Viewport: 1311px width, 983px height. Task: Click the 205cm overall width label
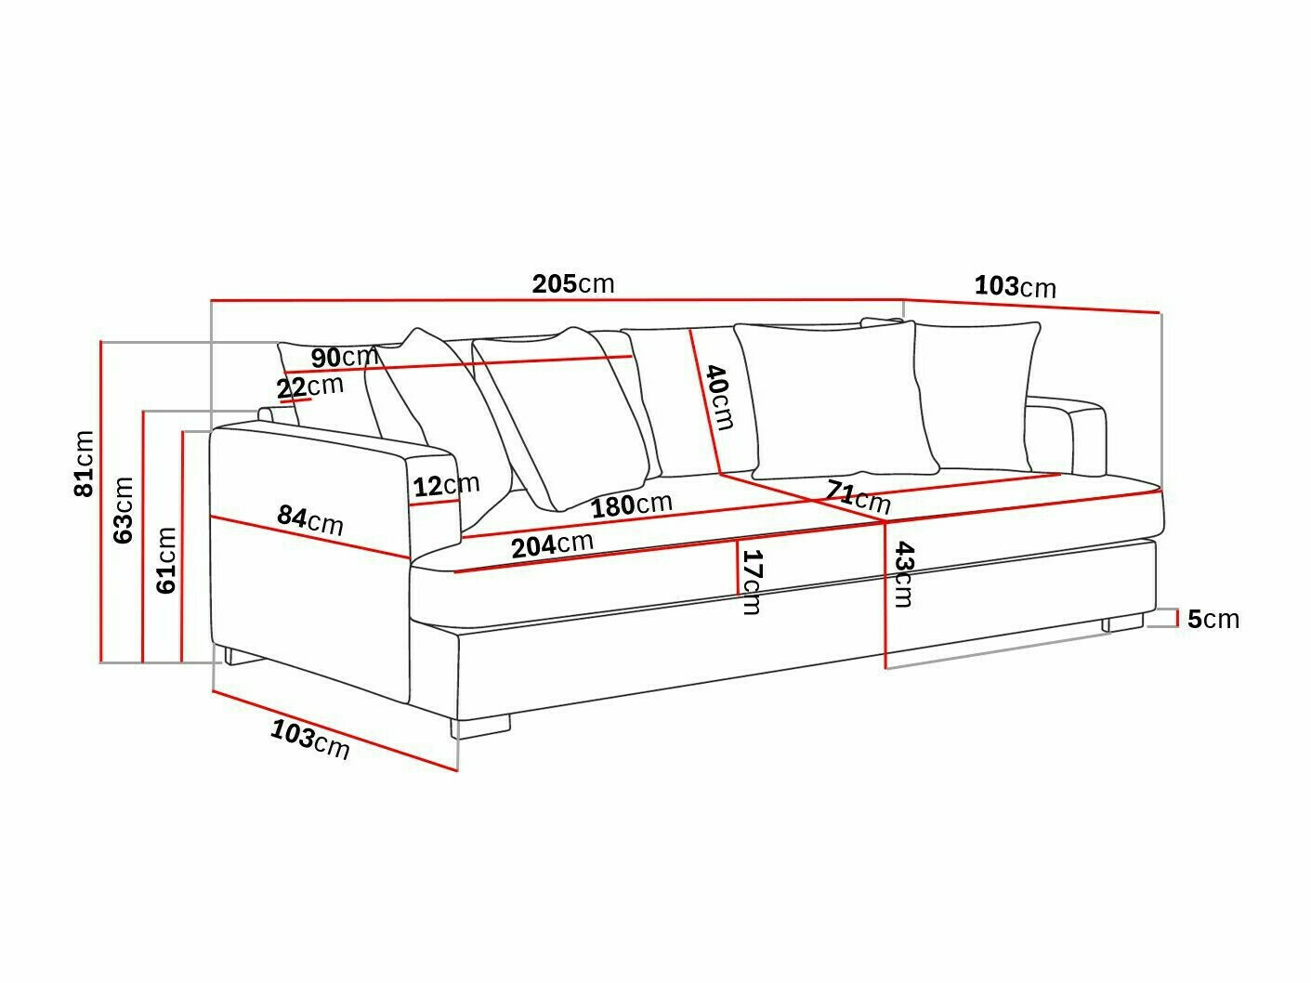coord(572,283)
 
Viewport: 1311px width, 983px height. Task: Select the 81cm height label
coord(85,463)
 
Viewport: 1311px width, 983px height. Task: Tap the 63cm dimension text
coord(124,509)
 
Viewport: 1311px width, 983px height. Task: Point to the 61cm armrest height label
coord(166,559)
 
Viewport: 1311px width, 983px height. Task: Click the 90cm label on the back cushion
coord(344,357)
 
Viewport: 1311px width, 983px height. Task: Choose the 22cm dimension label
coord(309,386)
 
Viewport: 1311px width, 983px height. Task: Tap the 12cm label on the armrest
coord(446,485)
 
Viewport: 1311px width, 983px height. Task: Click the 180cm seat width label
coord(632,505)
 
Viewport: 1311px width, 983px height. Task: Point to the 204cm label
coord(552,544)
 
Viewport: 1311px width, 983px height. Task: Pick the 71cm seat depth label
coord(859,496)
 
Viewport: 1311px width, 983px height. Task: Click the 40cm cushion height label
coord(720,397)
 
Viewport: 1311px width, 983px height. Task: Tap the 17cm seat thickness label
coord(752,582)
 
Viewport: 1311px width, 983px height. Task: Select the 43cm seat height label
coord(901,574)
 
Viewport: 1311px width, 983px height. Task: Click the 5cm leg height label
coord(1213,619)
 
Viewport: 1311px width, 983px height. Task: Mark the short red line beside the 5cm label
coord(1178,619)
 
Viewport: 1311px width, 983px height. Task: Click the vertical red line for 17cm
coord(738,567)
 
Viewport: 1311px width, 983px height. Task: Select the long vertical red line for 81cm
coord(100,502)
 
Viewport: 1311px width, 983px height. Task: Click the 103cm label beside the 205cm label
coord(1015,286)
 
